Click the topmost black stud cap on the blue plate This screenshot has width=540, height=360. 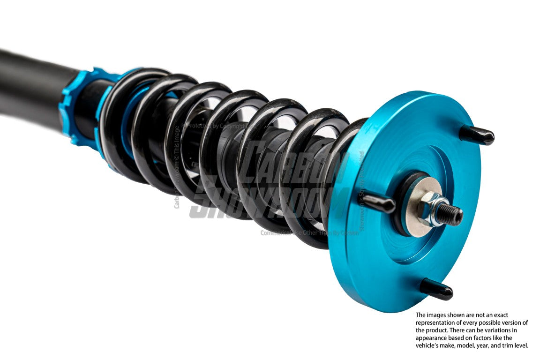tap(477, 135)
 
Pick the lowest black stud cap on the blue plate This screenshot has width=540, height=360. tap(436, 290)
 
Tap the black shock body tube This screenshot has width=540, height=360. tap(28, 84)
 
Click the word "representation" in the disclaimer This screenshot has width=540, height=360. tap(438, 322)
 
